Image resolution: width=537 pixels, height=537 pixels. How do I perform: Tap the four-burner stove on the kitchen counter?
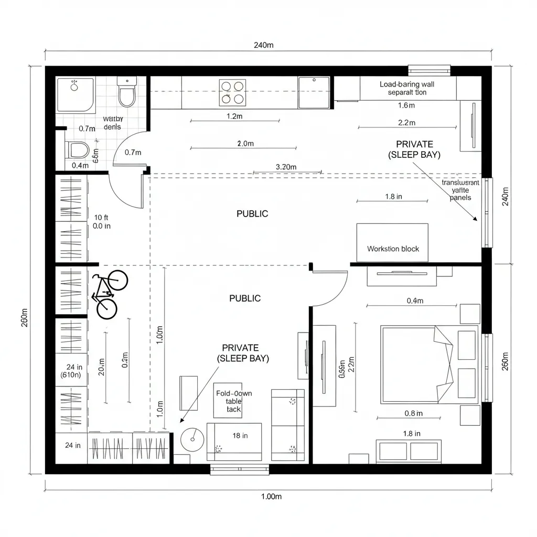tap(233, 92)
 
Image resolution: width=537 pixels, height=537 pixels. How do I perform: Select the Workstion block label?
tap(393, 249)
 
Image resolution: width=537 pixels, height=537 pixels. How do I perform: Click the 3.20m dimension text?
tap(286, 167)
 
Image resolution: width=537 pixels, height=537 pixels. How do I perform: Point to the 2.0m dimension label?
tap(245, 143)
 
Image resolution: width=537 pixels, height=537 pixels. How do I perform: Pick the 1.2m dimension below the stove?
tap(234, 116)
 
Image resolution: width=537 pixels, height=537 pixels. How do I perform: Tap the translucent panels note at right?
tap(460, 190)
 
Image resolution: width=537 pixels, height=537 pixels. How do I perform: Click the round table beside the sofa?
tap(192, 439)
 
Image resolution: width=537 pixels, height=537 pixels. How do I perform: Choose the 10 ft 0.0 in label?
tap(101, 222)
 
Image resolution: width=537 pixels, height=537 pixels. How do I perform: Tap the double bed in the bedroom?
tap(417, 364)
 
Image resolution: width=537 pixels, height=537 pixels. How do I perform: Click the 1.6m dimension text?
tap(406, 105)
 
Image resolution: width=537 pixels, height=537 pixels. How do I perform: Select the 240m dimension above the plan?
tap(263, 45)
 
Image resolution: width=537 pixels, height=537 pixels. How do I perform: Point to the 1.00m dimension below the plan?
tap(271, 497)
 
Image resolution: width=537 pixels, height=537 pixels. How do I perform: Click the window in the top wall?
tap(429, 70)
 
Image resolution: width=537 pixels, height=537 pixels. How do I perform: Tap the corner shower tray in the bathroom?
tap(76, 94)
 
